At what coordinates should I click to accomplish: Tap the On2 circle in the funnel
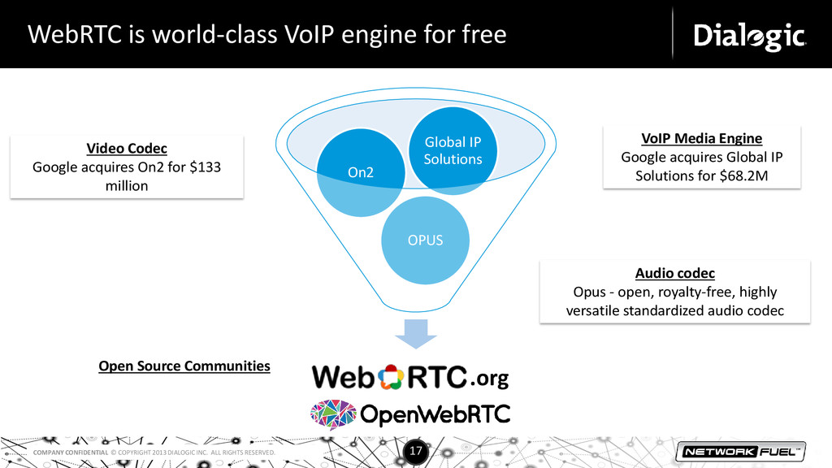click(359, 172)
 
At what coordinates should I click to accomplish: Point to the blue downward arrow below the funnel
click(416, 335)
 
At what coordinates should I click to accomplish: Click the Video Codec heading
click(127, 149)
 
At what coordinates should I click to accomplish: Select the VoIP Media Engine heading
click(702, 138)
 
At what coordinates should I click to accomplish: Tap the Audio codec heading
click(674, 273)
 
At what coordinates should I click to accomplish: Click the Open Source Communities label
click(184, 366)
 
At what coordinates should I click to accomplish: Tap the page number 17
click(416, 450)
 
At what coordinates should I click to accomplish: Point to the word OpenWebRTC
click(435, 414)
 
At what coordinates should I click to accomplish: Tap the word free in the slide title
click(483, 35)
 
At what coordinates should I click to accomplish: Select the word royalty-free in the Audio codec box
click(661, 292)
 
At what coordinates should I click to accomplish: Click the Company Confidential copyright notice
click(154, 452)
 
